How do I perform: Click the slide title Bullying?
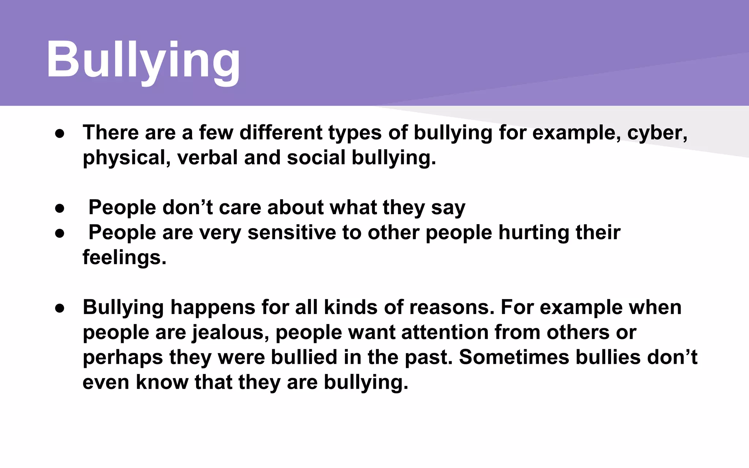click(143, 60)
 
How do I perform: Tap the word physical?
click(124, 158)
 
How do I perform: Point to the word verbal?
click(207, 158)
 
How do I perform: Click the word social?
click(316, 158)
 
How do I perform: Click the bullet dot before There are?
click(60, 134)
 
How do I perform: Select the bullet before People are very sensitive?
click(60, 234)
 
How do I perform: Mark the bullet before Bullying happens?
click(60, 309)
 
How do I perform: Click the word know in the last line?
click(162, 382)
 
